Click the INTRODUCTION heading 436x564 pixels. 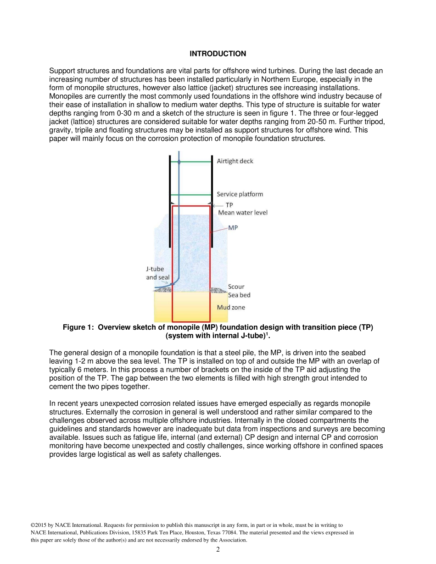click(x=218, y=54)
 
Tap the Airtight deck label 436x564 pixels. click(x=235, y=161)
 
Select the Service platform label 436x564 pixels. click(x=240, y=194)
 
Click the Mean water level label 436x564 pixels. click(x=242, y=212)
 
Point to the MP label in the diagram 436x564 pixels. click(x=233, y=227)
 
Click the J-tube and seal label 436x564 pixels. click(x=155, y=273)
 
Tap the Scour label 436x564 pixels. click(x=236, y=287)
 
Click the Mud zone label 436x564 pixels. click(x=231, y=307)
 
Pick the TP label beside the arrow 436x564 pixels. click(x=229, y=205)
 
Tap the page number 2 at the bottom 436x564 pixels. click(x=218, y=550)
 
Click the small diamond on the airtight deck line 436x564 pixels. click(x=179, y=161)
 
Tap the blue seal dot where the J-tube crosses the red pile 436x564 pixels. click(x=172, y=284)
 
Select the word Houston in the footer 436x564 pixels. click(x=263, y=533)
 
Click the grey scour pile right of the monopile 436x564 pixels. click(x=218, y=290)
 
